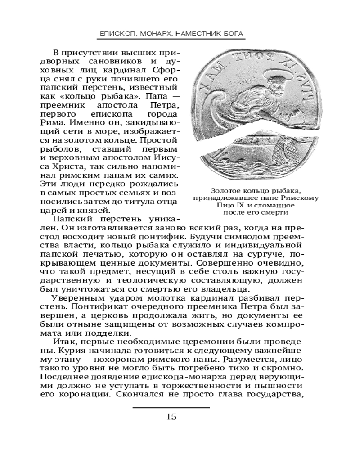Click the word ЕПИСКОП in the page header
(115, 34)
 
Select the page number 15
(171, 416)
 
